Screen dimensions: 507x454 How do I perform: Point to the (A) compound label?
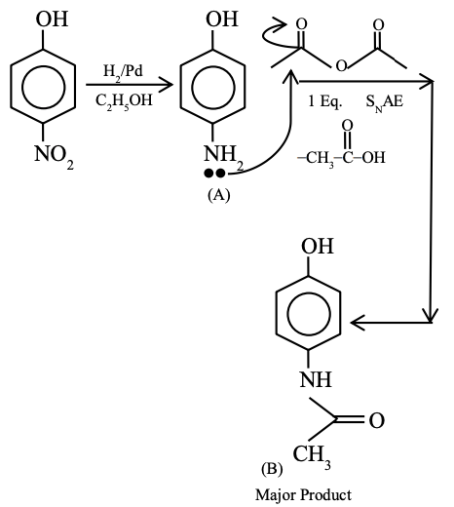pos(218,194)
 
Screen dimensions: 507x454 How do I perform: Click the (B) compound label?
pos(275,464)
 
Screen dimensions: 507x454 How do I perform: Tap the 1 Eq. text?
pos(323,98)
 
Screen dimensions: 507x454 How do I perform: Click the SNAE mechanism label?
pos(385,98)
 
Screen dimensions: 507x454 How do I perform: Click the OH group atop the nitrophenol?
pos(45,19)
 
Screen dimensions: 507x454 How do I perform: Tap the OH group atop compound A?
pos(220,19)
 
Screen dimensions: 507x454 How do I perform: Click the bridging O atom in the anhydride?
pos(339,64)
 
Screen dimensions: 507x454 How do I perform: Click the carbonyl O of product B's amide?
pos(376,419)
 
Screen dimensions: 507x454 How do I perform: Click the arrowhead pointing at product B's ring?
pos(359,320)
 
